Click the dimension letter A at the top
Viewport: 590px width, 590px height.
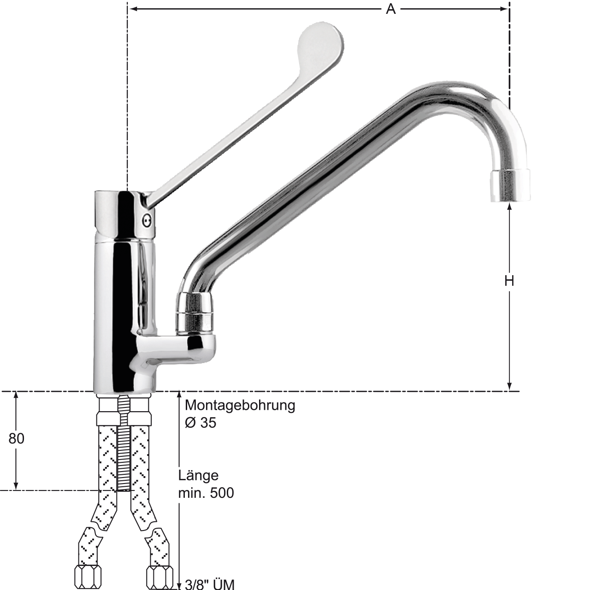pos(391,10)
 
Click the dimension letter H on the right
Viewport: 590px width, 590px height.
pos(509,281)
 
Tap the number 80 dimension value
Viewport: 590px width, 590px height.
pos(16,439)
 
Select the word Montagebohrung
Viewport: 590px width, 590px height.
pos(240,406)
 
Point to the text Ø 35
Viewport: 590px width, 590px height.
pos(201,423)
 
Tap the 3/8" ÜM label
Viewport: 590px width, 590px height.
pos(210,584)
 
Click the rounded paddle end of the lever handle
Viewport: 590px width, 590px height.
pos(321,42)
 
